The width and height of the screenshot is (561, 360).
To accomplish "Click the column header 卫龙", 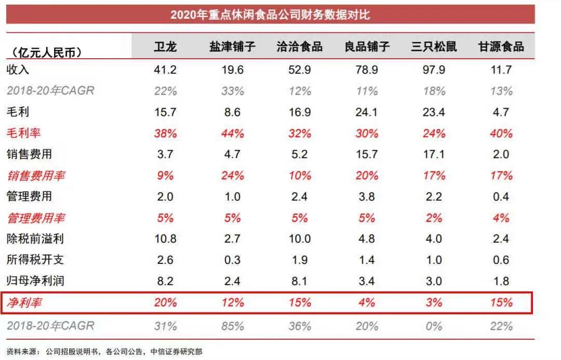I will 165,47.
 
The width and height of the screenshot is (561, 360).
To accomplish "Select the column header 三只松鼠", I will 434,47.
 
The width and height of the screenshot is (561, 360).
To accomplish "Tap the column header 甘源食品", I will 501,47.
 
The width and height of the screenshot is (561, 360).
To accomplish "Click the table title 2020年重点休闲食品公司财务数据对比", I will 270,14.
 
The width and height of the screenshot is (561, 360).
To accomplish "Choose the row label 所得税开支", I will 35,260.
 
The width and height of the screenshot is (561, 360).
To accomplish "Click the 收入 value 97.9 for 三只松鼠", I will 434,70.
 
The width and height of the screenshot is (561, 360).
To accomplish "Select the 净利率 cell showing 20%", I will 165,302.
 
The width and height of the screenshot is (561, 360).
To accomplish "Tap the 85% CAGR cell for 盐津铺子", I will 232,326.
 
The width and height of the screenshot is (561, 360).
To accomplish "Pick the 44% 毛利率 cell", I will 232,133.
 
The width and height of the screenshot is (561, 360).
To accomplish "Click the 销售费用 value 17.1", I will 434,154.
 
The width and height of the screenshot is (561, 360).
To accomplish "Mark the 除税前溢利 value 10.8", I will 165,239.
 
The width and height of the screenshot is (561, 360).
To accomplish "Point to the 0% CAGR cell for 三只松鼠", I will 434,326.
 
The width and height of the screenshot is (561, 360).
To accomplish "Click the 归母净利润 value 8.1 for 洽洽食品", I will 300,281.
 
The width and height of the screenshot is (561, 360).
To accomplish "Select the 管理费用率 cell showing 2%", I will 434,218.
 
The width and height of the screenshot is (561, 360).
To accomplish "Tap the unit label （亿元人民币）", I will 44,52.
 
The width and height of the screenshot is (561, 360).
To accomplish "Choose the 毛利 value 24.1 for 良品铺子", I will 367,112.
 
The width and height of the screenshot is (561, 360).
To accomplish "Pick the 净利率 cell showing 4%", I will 367,302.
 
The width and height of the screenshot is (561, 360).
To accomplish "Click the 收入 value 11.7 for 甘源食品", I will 501,70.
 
